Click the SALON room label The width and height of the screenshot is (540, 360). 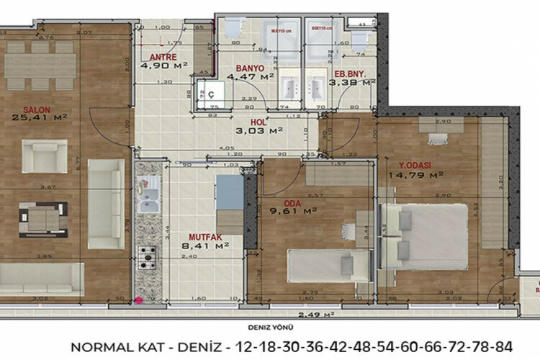[x=36, y=110]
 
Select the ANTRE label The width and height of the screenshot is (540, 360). [x=163, y=57]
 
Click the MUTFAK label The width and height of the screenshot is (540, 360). [x=204, y=237]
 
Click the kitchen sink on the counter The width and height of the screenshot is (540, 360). [x=150, y=197]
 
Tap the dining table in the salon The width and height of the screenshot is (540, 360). [x=40, y=66]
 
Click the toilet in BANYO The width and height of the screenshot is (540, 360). [x=232, y=28]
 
